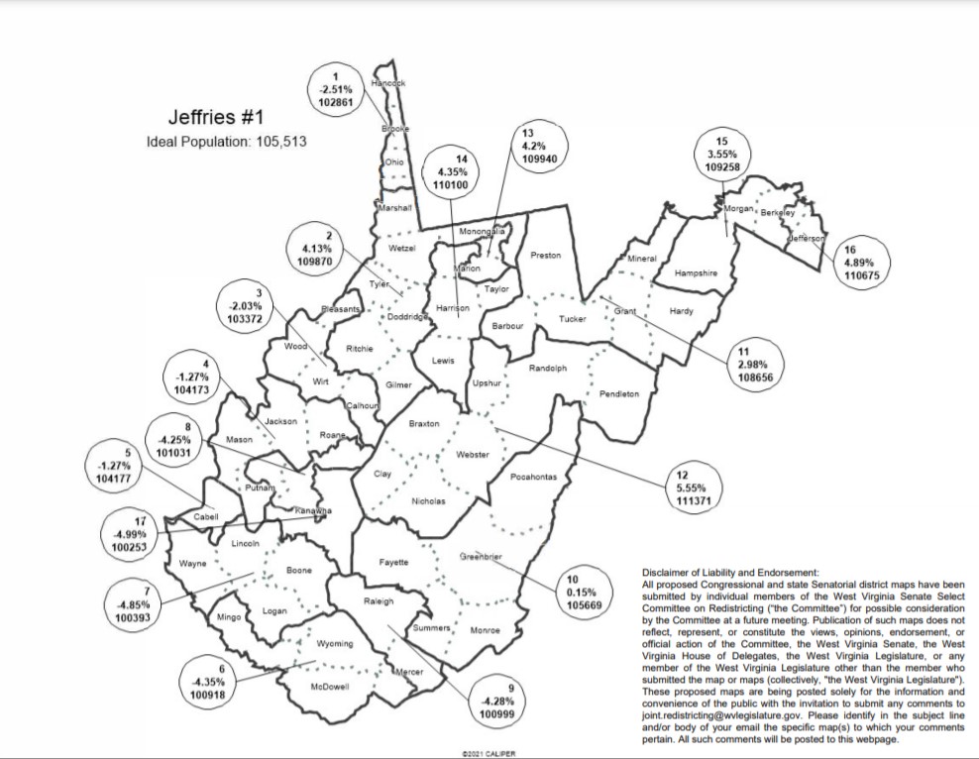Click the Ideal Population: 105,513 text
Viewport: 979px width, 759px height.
click(227, 142)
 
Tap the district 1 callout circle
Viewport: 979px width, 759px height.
click(337, 90)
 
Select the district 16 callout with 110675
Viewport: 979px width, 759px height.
click(858, 262)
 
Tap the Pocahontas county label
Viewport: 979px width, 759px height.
click(535, 478)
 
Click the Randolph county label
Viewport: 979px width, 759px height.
click(548, 369)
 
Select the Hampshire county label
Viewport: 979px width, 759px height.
click(696, 272)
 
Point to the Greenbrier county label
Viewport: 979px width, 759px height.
click(481, 557)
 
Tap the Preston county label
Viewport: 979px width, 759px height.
click(546, 256)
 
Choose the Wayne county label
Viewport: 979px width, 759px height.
click(192, 564)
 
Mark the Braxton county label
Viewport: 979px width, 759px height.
click(424, 424)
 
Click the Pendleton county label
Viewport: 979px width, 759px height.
click(619, 393)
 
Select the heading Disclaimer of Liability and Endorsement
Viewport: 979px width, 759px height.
click(730, 573)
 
